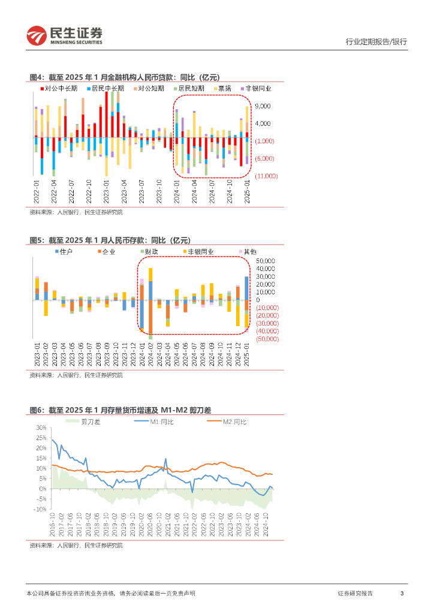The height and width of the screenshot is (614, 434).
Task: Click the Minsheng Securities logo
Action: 64,36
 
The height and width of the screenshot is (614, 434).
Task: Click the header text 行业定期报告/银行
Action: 376,42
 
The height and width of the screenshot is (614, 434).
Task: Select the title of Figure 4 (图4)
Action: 125,77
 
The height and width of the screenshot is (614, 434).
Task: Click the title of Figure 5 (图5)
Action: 110,240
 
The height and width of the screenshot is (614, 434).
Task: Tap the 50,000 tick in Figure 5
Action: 266,261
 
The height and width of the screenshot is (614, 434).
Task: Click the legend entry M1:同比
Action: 162,422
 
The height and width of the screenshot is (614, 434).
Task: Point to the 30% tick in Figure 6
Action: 41,428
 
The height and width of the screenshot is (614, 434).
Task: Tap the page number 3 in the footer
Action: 402,593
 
